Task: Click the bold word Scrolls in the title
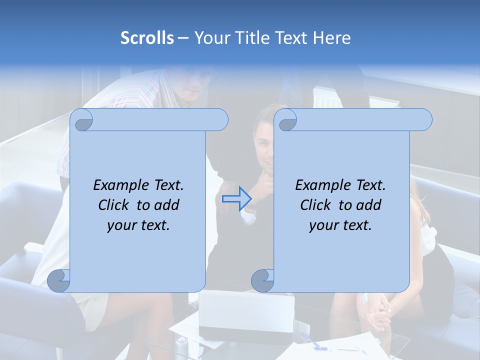pyautogui.click(x=147, y=38)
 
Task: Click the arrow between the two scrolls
pyautogui.click(x=236, y=198)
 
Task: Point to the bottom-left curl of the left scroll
pyautogui.click(x=59, y=280)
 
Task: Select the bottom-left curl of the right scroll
pyautogui.click(x=262, y=280)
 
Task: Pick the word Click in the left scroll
pyautogui.click(x=115, y=205)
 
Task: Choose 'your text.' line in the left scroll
pyautogui.click(x=138, y=225)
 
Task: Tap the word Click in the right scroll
pyautogui.click(x=317, y=205)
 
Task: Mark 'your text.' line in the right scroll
pyautogui.click(x=340, y=225)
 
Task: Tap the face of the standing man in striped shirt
pyautogui.click(x=192, y=85)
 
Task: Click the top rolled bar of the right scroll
pyautogui.click(x=360, y=119)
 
